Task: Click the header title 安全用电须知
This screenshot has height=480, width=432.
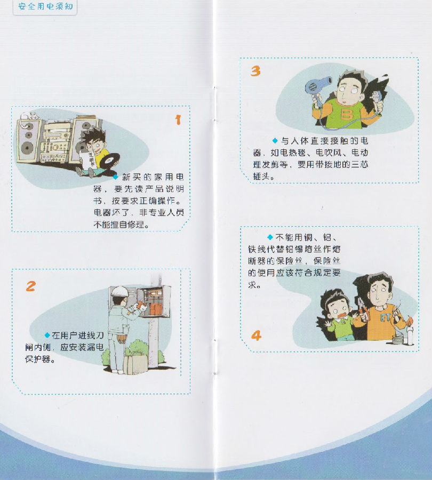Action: (45, 6)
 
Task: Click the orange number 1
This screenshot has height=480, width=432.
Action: (178, 119)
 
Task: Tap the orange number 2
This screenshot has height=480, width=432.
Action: (30, 286)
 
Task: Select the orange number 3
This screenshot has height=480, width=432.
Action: (255, 71)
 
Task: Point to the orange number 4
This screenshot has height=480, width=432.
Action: (256, 335)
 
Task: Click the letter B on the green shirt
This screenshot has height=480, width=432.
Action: (346, 114)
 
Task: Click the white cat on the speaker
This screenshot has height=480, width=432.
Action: (29, 116)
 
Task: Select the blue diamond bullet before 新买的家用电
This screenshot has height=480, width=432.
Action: (116, 177)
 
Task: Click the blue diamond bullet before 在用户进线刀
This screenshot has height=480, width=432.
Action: (47, 335)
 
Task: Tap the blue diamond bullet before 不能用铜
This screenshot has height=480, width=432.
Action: (270, 237)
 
